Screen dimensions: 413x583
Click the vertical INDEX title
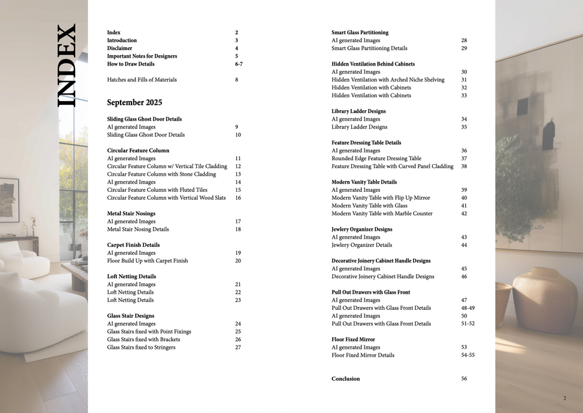point(67,65)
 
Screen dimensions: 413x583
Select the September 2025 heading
point(134,102)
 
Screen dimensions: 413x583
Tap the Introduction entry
point(122,40)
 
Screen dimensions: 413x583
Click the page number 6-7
point(238,64)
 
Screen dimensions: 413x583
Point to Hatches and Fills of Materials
point(141,80)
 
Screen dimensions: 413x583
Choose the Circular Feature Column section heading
point(138,150)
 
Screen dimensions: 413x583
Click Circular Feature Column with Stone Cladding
point(161,174)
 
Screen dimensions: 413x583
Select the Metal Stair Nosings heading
point(131,213)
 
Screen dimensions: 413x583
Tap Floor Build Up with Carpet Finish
point(147,261)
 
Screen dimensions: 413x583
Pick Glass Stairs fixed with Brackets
point(143,339)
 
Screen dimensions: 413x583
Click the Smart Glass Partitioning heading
point(360,32)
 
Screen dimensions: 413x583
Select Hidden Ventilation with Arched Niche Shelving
point(387,80)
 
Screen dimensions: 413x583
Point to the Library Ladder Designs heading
point(358,111)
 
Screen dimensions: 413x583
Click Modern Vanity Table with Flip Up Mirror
point(380,198)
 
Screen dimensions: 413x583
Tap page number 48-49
point(468,308)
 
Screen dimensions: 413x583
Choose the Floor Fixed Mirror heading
point(353,339)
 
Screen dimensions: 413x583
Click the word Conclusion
point(345,379)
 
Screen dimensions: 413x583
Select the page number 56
point(464,379)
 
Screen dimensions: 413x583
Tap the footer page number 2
point(564,398)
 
